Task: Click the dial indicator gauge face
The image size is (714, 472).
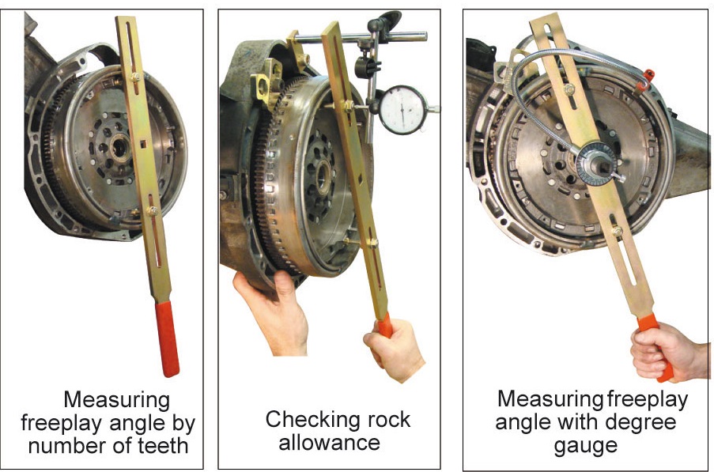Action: tap(402, 110)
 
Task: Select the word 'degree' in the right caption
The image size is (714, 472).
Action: tap(640, 422)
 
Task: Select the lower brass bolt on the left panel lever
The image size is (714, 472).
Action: tap(151, 211)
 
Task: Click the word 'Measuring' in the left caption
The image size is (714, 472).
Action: tap(116, 399)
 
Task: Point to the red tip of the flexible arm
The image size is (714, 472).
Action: tap(648, 75)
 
